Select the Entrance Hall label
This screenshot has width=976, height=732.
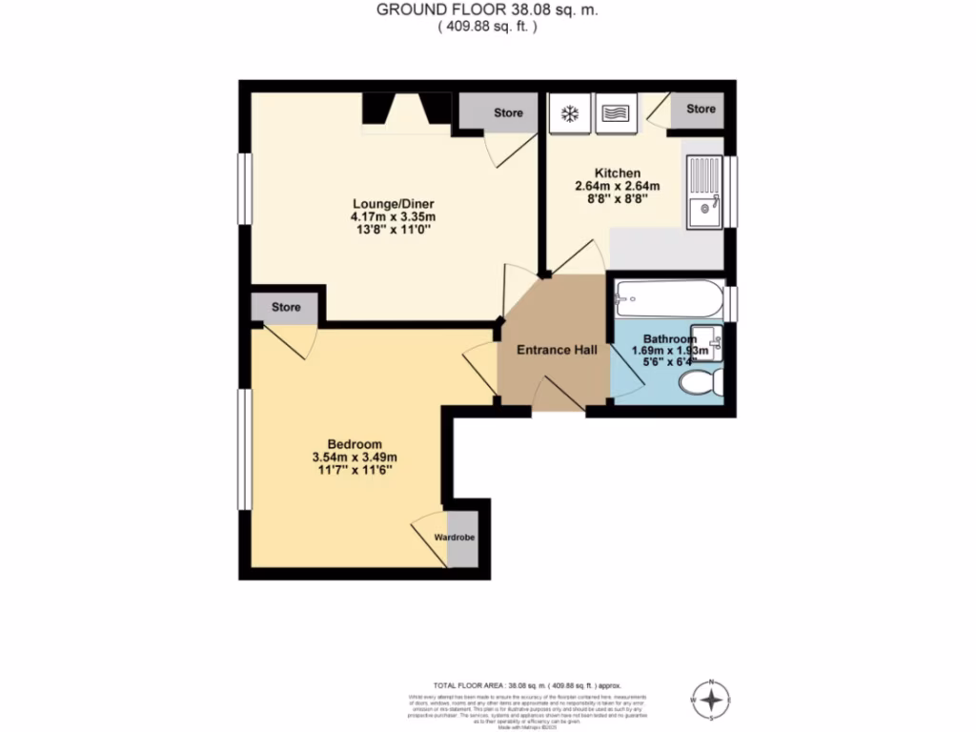pos(557,351)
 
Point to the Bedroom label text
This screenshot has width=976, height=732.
pos(355,444)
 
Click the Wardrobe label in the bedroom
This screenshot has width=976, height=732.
pos(455,539)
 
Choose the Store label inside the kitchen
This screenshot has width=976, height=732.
pos(701,109)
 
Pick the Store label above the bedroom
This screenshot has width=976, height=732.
pos(286,307)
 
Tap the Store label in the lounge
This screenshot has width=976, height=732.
pos(508,113)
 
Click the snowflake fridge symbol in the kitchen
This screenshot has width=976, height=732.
pos(570,114)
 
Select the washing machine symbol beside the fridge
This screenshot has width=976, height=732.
pos(615,114)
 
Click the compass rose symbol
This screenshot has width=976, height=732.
pos(711,701)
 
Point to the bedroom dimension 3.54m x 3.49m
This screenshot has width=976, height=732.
pos(355,457)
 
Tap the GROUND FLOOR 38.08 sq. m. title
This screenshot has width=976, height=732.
pos(487,10)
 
